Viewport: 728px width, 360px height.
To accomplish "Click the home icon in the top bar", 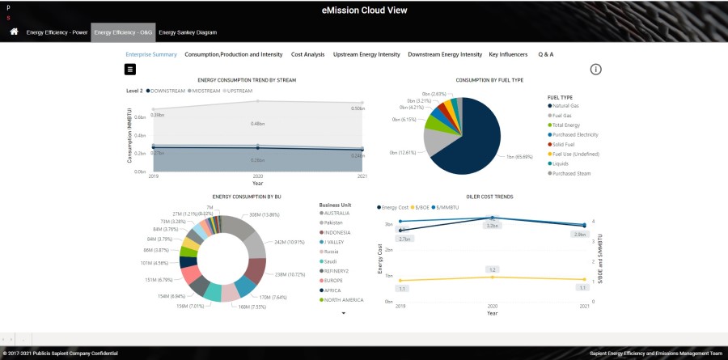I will click(14, 32).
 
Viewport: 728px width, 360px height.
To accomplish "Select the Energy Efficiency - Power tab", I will click(57, 32).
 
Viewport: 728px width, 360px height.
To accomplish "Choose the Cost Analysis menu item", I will click(307, 54).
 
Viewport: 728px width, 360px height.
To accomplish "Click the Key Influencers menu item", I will click(509, 54).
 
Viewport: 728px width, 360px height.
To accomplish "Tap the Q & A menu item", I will click(546, 54).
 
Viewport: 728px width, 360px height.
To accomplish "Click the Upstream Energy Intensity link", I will click(366, 54).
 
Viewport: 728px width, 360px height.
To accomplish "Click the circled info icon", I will click(596, 70).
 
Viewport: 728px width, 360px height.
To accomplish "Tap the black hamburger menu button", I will click(130, 70).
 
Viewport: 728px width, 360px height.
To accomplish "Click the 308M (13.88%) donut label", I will click(264, 214).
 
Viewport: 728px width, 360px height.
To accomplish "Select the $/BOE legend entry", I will click(426, 207).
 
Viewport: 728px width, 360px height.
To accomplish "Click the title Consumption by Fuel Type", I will click(489, 80).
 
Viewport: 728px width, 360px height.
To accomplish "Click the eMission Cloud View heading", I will click(364, 11).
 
